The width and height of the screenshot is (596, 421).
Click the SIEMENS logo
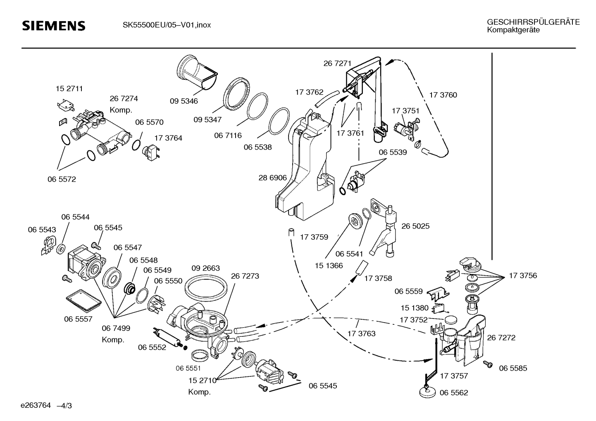[x=54, y=26]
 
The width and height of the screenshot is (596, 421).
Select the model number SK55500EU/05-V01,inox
[x=167, y=25]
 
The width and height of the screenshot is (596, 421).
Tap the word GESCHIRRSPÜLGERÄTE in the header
[x=533, y=22]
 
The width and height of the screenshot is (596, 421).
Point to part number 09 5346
[x=184, y=101]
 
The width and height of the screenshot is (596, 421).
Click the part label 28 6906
[x=272, y=178]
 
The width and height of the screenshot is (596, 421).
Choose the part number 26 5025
[x=415, y=226]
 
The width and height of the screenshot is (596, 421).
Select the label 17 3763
[x=361, y=333]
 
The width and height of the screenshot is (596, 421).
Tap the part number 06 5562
[x=453, y=392]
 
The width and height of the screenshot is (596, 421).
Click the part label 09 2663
[x=205, y=268]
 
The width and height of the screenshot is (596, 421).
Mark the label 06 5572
[x=62, y=179]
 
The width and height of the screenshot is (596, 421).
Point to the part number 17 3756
[x=523, y=276]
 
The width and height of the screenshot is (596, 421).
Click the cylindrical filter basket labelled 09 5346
[x=197, y=73]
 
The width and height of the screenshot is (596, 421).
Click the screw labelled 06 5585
[x=488, y=364]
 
